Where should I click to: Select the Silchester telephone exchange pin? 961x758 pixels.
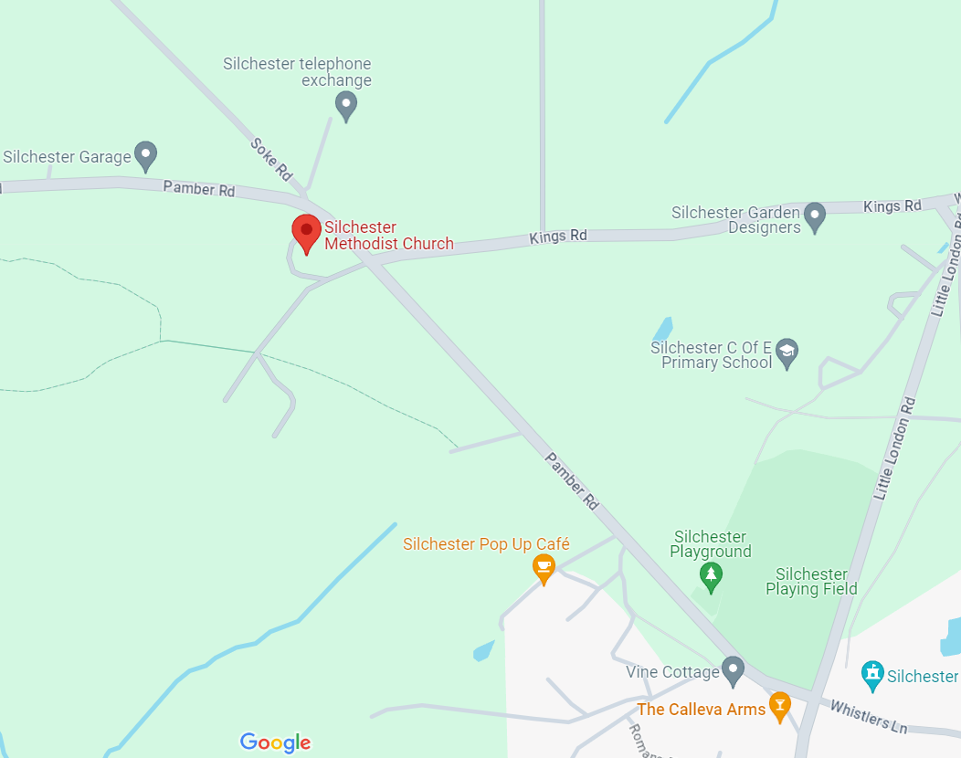coord(345,106)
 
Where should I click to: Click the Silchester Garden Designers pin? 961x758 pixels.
coord(815,217)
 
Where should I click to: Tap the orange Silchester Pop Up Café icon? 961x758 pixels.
coord(544,567)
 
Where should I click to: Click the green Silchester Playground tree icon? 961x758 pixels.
coord(711,575)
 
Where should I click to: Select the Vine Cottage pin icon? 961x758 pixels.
coord(733,671)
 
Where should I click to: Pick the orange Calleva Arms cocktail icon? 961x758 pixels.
coord(779,705)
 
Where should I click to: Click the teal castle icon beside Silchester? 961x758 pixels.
coord(873,676)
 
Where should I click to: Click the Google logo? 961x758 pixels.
coord(276,742)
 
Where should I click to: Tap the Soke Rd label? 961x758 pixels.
coord(271,158)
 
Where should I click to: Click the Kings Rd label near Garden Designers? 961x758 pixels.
coord(892,206)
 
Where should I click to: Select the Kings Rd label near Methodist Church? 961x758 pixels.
coord(558,237)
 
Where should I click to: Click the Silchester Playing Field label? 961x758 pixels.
coord(811,582)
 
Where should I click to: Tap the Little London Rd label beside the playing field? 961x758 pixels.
coord(896,447)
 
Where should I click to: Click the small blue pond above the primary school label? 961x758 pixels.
coord(662,328)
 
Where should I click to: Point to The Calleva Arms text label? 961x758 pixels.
coord(701,710)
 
